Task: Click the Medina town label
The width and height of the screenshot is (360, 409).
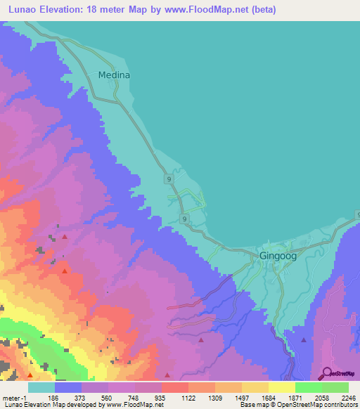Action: point(115,74)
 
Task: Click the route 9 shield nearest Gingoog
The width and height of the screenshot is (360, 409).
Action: point(184,220)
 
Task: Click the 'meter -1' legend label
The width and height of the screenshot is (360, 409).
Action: point(15,397)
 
